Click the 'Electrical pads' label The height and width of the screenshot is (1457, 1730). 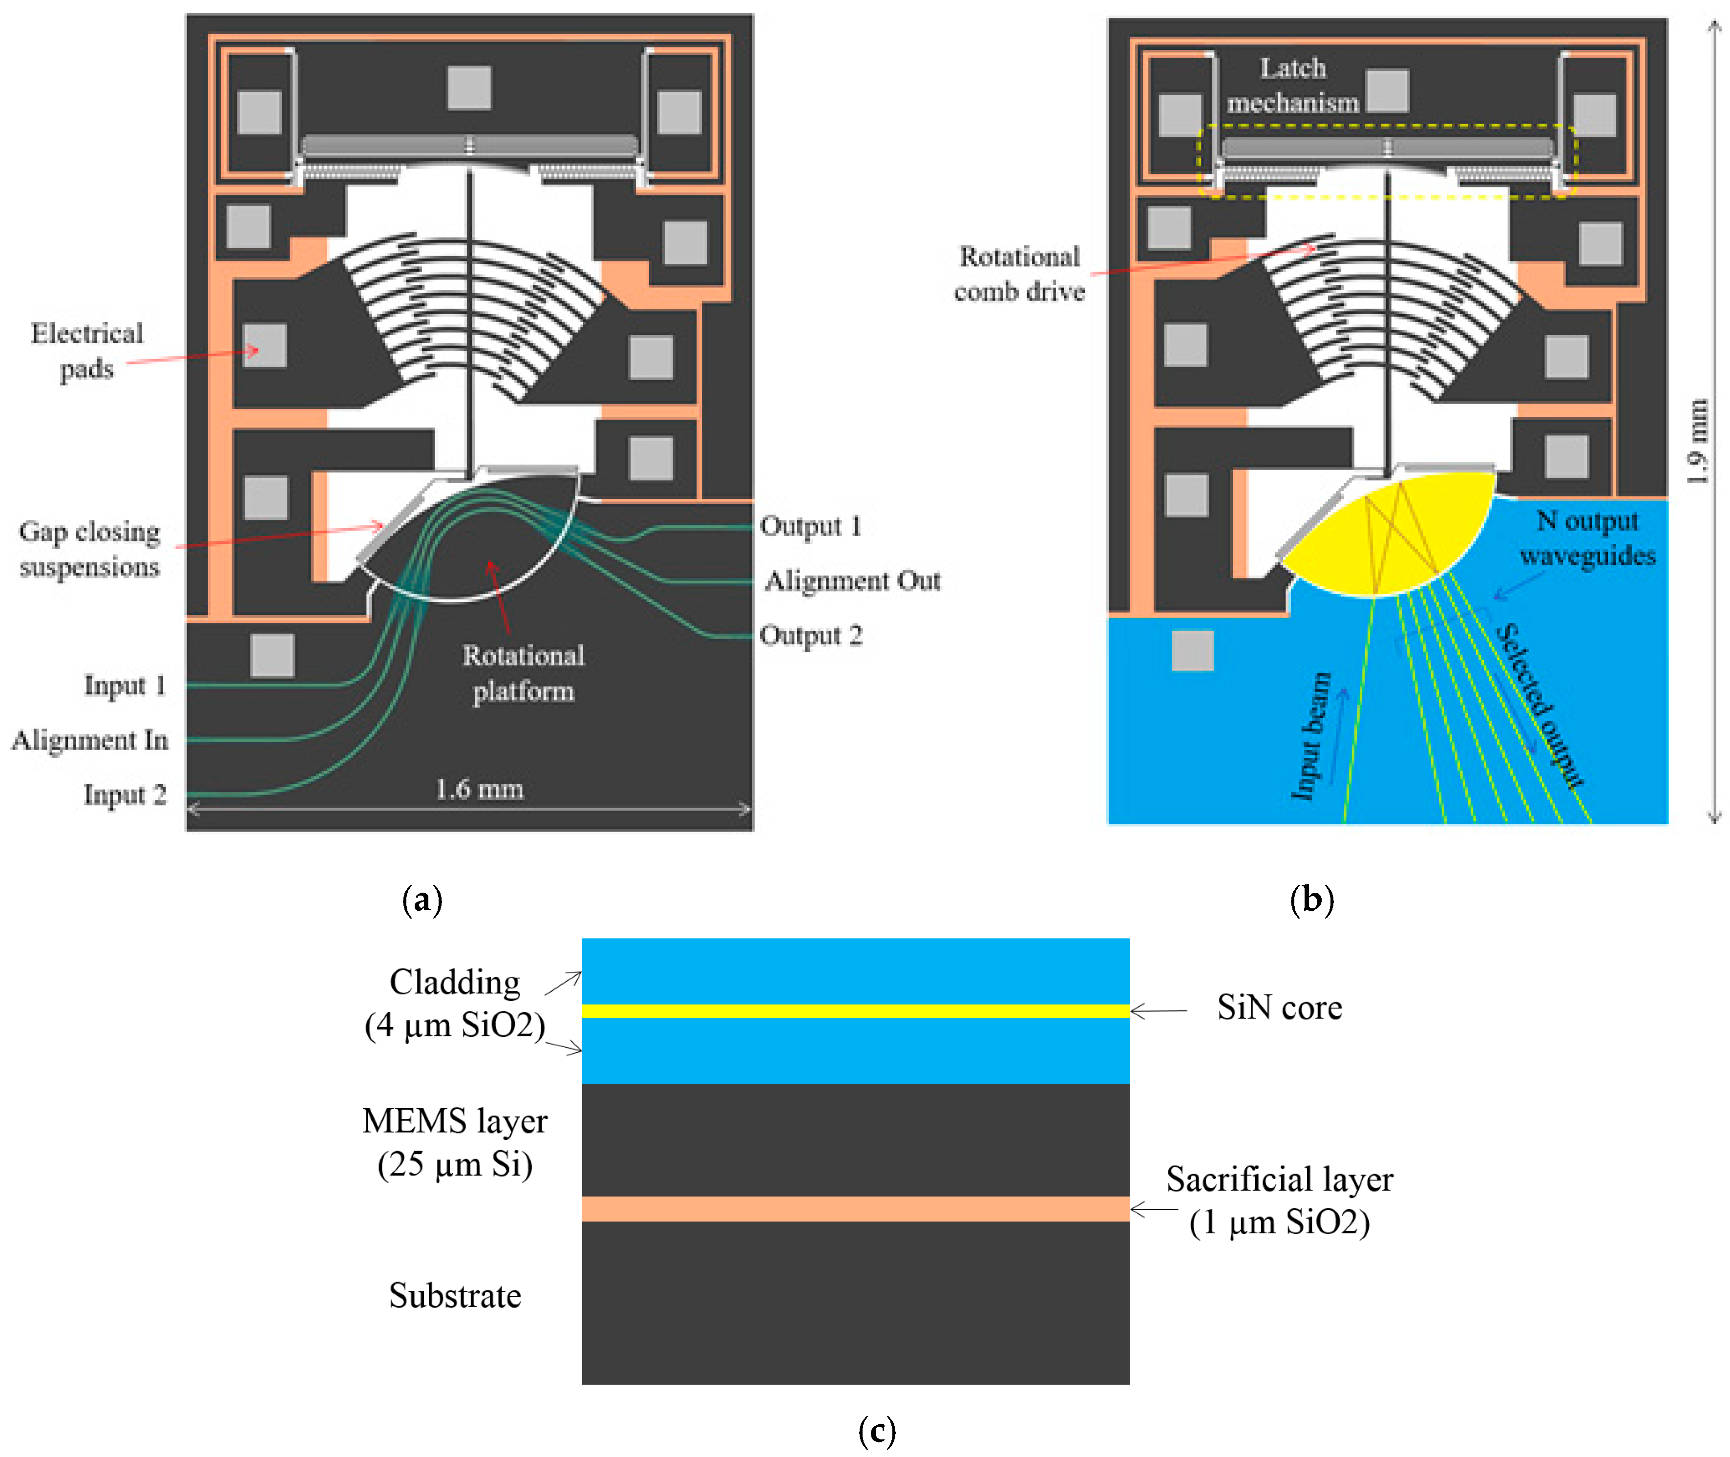click(87, 350)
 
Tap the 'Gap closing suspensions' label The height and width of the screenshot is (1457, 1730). click(89, 548)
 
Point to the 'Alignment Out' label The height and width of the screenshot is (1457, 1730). click(852, 580)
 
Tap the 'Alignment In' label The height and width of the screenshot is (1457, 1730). click(90, 739)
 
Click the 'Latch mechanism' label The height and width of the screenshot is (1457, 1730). click(1292, 85)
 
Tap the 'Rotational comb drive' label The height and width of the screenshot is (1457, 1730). click(1019, 274)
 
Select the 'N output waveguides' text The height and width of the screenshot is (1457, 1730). click(1587, 537)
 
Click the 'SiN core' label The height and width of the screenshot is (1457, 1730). click(1279, 1007)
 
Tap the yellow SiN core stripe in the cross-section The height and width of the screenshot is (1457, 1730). click(856, 1011)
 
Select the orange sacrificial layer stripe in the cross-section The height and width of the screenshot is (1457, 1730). click(856, 1208)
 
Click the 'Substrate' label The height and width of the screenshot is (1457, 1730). click(455, 1295)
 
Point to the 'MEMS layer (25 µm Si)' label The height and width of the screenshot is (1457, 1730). click(455, 1142)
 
